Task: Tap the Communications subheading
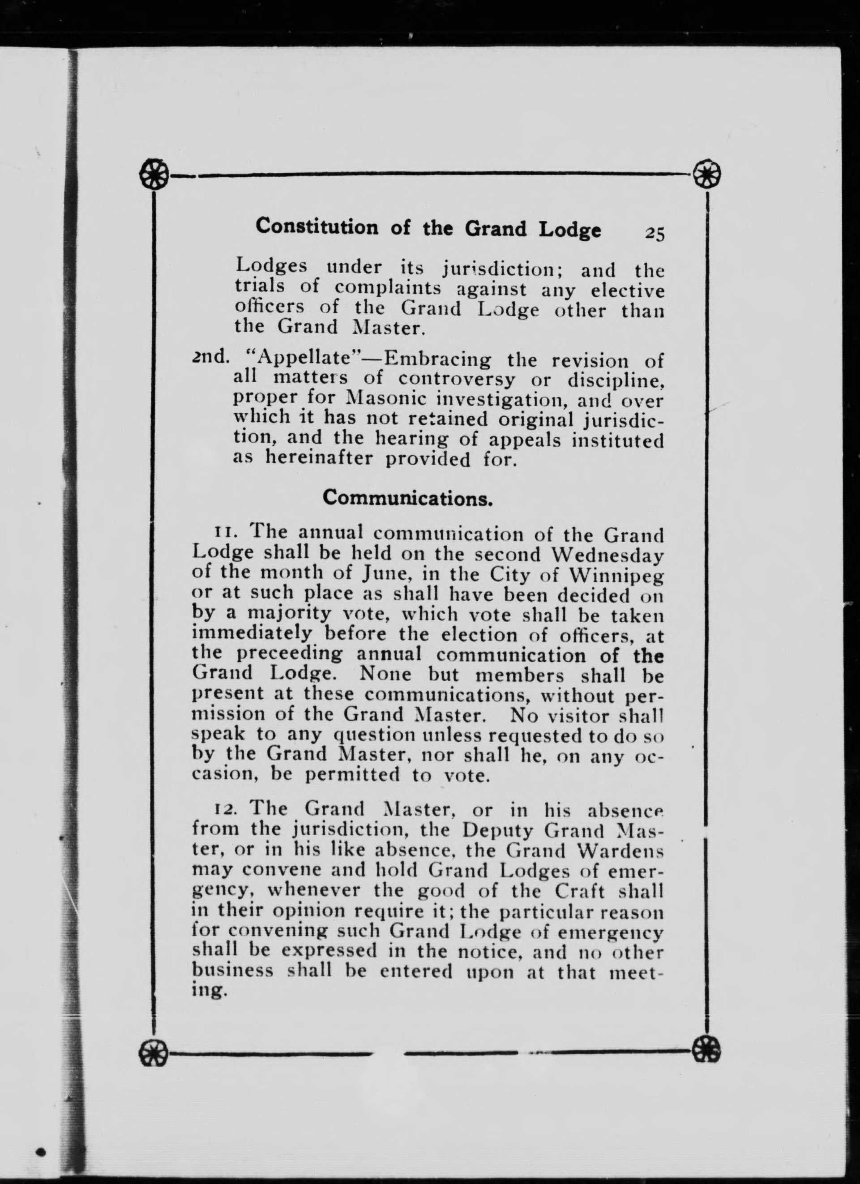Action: pos(408,497)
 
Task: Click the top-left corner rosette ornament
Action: pos(155,174)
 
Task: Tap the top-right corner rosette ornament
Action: pos(706,174)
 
